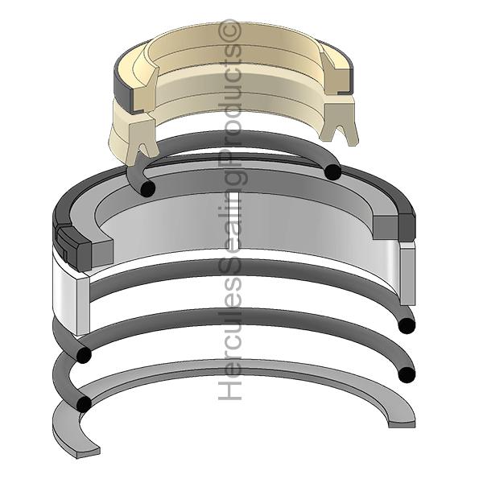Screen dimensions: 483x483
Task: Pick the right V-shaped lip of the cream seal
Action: click(x=344, y=127)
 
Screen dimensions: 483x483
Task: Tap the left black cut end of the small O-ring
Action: click(x=147, y=188)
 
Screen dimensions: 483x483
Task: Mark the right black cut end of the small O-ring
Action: click(x=332, y=171)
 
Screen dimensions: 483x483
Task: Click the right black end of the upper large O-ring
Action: click(x=407, y=325)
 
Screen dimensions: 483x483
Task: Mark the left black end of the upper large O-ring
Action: click(x=82, y=355)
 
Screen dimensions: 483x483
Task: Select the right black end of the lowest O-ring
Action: click(x=407, y=374)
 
